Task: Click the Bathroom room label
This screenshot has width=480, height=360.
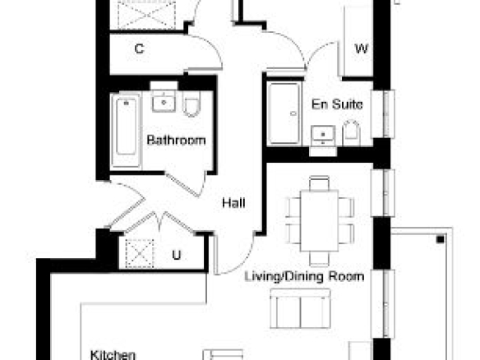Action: click(x=176, y=141)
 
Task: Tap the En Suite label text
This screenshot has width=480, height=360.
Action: click(x=337, y=104)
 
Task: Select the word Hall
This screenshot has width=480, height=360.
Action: click(x=233, y=203)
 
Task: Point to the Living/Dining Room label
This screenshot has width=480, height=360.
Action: click(x=305, y=276)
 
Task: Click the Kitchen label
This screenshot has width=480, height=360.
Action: click(x=113, y=355)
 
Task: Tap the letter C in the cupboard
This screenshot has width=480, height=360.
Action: click(x=139, y=48)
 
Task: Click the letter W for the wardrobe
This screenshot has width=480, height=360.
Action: click(x=361, y=48)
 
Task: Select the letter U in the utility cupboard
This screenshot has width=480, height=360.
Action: click(x=177, y=255)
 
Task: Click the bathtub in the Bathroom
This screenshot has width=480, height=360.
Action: click(x=126, y=131)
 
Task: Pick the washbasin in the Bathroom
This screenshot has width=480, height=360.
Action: click(x=164, y=101)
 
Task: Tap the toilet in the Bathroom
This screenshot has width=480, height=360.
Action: click(x=192, y=104)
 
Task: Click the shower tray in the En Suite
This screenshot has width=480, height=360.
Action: click(x=284, y=113)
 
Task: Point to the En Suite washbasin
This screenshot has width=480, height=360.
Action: click(x=323, y=135)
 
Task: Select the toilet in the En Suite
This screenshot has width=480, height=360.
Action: click(x=351, y=133)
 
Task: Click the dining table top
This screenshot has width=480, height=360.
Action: click(x=319, y=221)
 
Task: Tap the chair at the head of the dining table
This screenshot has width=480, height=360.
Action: click(x=319, y=182)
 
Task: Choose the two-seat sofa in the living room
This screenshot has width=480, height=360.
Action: click(x=300, y=308)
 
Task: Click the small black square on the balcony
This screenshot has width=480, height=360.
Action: click(x=441, y=239)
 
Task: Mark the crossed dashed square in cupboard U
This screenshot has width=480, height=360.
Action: click(x=139, y=254)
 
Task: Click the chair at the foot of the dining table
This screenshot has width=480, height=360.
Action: click(x=319, y=259)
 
